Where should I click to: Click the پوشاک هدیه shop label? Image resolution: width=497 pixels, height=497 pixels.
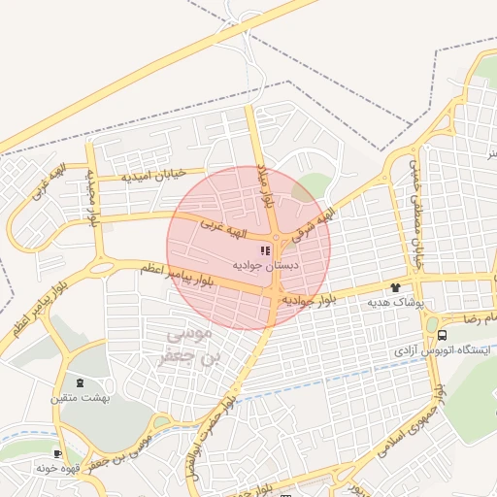pyautogui.click(x=396, y=302)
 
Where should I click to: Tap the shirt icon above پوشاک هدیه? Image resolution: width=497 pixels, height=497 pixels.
pyautogui.click(x=395, y=287)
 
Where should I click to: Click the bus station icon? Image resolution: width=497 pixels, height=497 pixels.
pyautogui.click(x=443, y=335)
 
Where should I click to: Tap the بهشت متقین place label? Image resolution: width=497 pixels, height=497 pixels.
pyautogui.click(x=81, y=397)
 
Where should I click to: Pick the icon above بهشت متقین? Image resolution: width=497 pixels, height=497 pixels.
pyautogui.click(x=80, y=382)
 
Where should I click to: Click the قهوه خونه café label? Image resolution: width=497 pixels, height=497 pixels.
pyautogui.click(x=58, y=468)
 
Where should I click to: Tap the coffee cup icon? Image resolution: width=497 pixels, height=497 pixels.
pyautogui.click(x=58, y=453)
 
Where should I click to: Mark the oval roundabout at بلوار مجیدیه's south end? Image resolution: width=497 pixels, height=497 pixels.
pyautogui.click(x=101, y=266)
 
